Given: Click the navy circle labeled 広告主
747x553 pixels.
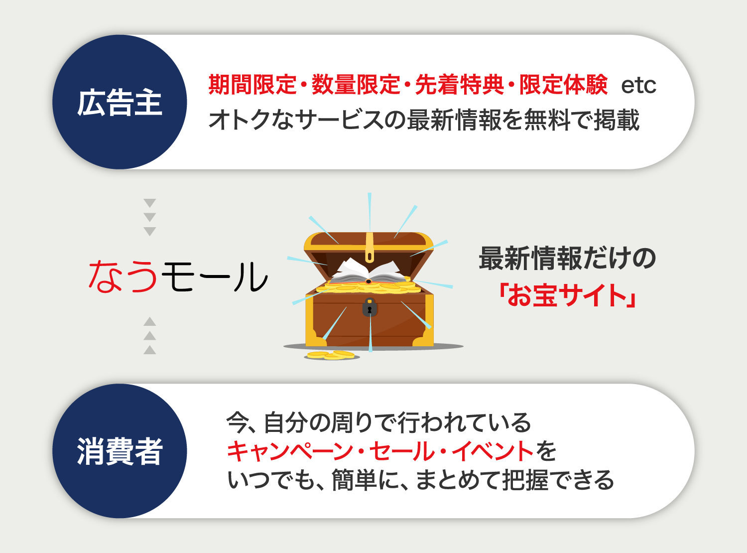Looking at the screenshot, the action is (x=120, y=102).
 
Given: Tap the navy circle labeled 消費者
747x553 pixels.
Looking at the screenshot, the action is (x=120, y=451).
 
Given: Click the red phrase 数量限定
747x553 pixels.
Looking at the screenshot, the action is (x=356, y=85).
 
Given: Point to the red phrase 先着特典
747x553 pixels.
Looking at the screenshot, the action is (x=459, y=85).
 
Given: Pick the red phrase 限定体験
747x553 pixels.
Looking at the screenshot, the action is (x=563, y=85).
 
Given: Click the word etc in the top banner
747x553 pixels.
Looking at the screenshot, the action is (x=638, y=86).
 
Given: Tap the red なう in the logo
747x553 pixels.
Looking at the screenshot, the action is (x=123, y=276).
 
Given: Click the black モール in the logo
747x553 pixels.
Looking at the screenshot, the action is (x=214, y=276).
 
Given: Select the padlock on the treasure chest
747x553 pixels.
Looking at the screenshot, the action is (x=370, y=307).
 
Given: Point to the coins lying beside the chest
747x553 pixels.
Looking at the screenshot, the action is (x=331, y=355).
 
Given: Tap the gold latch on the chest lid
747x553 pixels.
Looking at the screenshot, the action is (x=370, y=249).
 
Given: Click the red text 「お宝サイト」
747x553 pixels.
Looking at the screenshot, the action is (x=568, y=295).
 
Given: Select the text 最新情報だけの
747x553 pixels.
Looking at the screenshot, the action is (x=568, y=259).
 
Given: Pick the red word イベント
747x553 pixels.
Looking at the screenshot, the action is (x=493, y=451).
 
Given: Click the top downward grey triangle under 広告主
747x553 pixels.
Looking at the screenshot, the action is (x=150, y=203).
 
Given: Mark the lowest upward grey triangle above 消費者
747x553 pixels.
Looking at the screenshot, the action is (x=150, y=350).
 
